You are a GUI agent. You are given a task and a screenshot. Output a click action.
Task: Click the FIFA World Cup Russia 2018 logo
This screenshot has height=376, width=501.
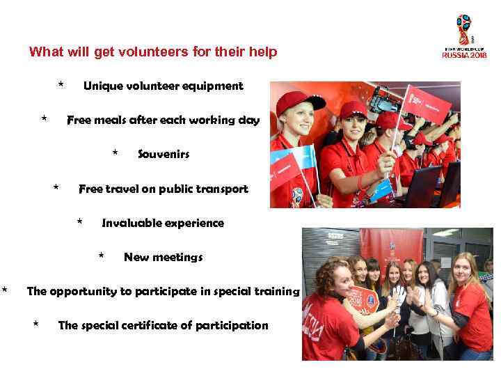(464, 36)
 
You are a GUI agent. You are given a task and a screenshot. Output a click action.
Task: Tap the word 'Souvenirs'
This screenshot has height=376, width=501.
(164, 154)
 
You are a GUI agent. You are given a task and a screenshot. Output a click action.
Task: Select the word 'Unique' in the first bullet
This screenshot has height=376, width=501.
(102, 86)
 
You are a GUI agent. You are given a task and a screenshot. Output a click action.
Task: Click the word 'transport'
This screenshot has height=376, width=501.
(219, 189)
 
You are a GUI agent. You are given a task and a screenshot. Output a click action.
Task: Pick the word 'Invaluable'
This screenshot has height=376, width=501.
(130, 223)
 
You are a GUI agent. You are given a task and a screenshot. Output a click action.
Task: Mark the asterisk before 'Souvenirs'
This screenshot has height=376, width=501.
(115, 152)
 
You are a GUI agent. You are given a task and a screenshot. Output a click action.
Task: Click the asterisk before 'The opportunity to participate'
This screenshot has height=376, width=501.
(5, 289)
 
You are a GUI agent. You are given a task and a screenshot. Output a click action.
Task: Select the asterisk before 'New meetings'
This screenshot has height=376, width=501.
(102, 256)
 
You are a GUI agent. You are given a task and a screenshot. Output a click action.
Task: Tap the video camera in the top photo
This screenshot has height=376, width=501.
(385, 102)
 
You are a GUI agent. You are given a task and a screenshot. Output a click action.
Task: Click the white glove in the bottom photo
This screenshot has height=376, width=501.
(398, 296)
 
